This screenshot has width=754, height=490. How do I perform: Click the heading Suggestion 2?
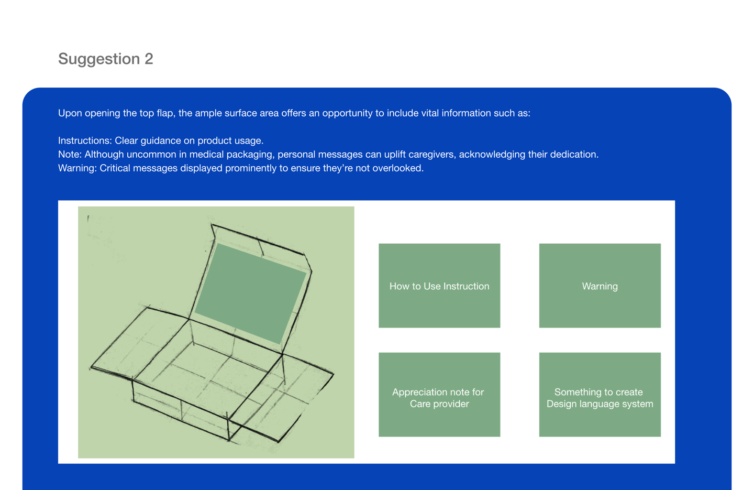[106, 59]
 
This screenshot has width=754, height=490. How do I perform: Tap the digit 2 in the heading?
[149, 59]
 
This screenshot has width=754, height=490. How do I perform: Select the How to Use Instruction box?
[439, 286]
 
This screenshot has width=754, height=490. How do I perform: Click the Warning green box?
[600, 286]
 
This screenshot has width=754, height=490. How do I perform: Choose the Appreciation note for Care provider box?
[439, 395]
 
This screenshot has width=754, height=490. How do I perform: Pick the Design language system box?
[600, 395]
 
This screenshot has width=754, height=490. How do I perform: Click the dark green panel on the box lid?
[251, 293]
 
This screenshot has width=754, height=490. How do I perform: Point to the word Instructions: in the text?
[85, 140]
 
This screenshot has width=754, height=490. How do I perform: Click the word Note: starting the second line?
[70, 155]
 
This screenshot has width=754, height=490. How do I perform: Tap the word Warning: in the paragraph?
[77, 168]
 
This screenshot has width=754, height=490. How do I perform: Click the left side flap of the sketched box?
[140, 344]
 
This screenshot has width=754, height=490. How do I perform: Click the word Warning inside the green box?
[600, 286]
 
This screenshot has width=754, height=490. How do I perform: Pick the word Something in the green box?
[575, 393]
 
